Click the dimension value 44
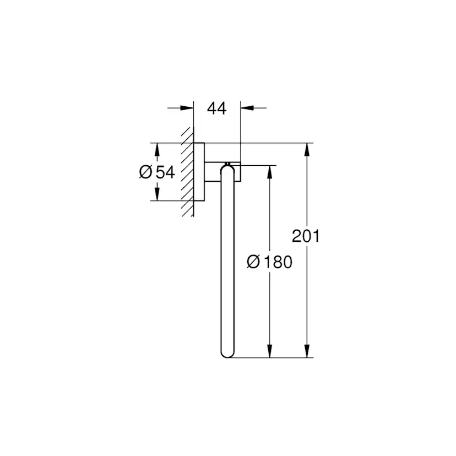click(217, 108)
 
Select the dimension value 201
click(306, 237)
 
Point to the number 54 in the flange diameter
click(165, 172)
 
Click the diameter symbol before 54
click(145, 172)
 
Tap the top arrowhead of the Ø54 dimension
click(158, 149)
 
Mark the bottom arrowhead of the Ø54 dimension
click(158, 195)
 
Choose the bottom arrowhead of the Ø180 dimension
click(270, 351)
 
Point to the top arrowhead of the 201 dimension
click(306, 150)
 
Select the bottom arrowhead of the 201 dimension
click(306, 351)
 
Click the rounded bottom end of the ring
click(227, 352)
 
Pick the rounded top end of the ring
click(227, 170)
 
